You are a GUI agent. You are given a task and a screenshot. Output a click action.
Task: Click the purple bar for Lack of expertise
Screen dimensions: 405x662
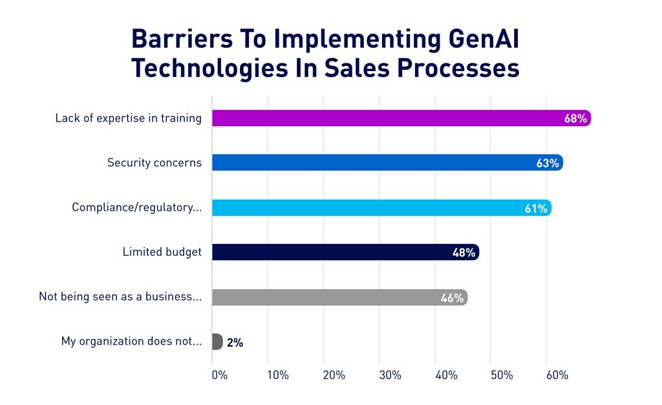pyautogui.click(x=388, y=118)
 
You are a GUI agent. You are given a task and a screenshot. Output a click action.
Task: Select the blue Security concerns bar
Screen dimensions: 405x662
pyautogui.click(x=375, y=163)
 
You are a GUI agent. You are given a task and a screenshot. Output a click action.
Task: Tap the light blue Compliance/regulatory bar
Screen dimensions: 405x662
pyautogui.click(x=368, y=208)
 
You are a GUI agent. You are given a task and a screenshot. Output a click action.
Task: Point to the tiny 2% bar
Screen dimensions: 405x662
pyautogui.click(x=217, y=342)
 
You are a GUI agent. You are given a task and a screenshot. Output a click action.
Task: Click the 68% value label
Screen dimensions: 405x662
pyautogui.click(x=575, y=118)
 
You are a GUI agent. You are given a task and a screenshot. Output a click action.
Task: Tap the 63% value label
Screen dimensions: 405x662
pyautogui.click(x=548, y=163)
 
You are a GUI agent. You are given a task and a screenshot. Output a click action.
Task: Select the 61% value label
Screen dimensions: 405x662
pyautogui.click(x=536, y=208)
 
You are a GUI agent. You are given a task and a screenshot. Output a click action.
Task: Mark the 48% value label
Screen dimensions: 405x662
pyautogui.click(x=464, y=252)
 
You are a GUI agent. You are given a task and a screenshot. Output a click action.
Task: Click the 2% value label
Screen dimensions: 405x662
pyautogui.click(x=235, y=342)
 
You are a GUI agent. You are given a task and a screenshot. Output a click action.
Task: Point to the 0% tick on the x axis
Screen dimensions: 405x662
pyautogui.click(x=219, y=375)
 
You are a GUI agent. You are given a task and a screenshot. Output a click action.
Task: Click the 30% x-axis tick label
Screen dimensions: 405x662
pyautogui.click(x=390, y=375)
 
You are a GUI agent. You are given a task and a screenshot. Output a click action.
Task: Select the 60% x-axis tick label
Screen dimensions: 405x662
pyautogui.click(x=557, y=375)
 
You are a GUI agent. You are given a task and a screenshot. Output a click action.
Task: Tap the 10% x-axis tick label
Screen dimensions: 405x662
pyautogui.click(x=277, y=375)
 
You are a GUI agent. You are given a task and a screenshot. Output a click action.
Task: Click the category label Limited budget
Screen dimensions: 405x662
pyautogui.click(x=162, y=252)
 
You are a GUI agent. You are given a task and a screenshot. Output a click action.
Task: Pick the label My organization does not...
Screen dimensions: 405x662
pyautogui.click(x=131, y=341)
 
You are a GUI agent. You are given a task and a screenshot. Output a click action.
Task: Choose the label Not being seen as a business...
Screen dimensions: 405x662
pyautogui.click(x=120, y=297)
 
